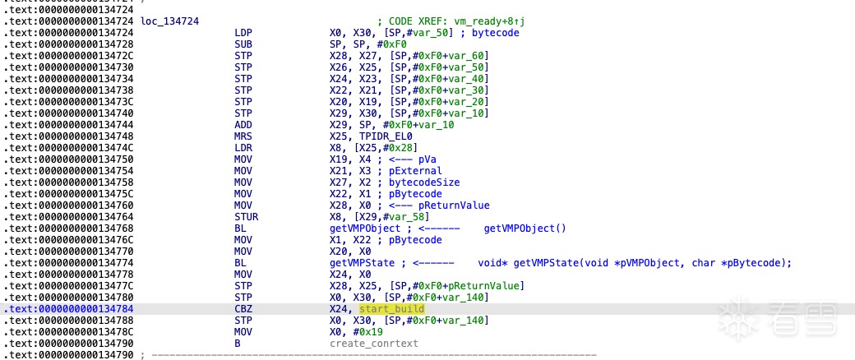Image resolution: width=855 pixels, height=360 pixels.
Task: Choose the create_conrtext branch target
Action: pos(374,343)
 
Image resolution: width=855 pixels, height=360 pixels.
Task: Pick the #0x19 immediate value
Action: pos(362,331)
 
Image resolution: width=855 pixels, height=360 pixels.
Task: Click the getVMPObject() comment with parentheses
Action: pos(525,228)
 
